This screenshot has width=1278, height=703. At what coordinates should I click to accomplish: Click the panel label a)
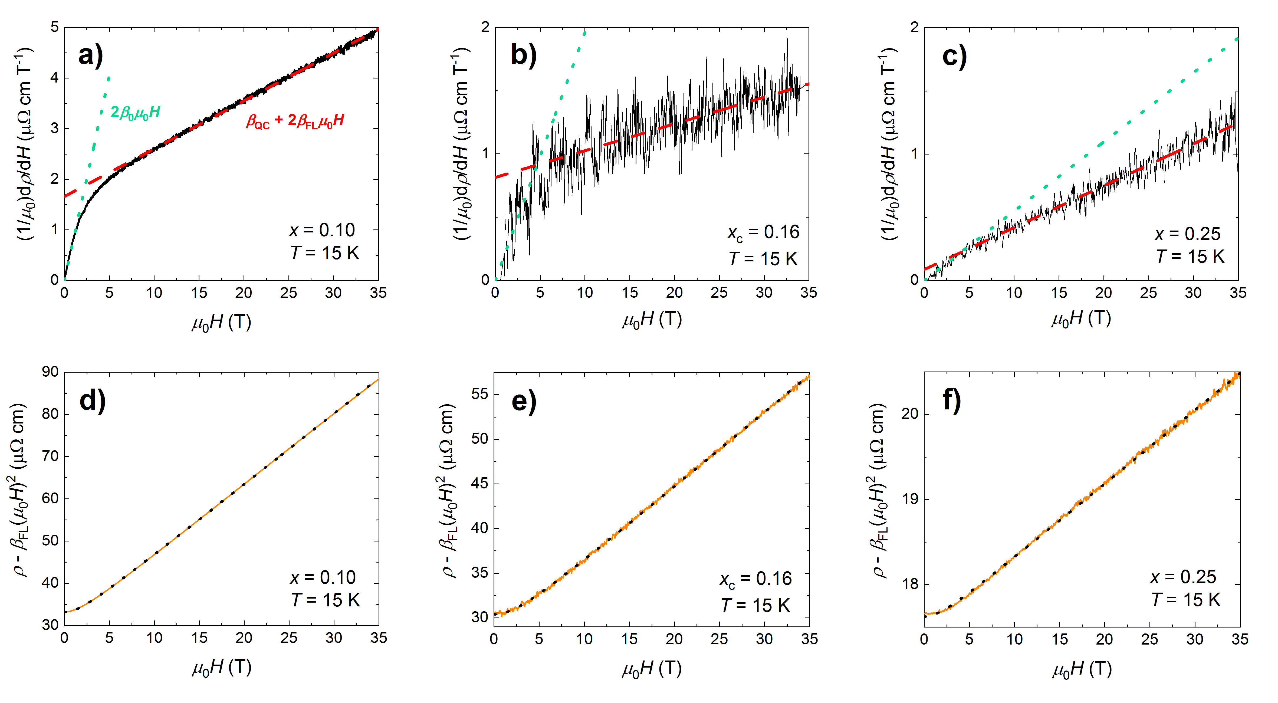[91, 55]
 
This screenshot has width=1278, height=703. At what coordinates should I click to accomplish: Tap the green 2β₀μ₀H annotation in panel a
[135, 112]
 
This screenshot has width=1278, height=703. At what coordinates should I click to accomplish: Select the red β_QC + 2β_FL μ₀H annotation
[295, 121]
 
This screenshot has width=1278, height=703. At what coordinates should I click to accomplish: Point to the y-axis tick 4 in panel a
[55, 77]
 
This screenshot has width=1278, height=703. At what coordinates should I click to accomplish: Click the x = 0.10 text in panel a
[323, 230]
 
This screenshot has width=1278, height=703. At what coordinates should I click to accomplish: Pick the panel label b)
[523, 55]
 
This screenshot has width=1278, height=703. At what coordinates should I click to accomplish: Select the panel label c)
[954, 56]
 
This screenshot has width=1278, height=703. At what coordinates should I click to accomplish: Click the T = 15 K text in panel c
[1190, 257]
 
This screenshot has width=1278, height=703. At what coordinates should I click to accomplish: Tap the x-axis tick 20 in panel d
[244, 638]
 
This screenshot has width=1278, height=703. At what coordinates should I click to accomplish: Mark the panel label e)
[523, 401]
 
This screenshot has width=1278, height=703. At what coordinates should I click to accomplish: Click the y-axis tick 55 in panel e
[480, 394]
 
